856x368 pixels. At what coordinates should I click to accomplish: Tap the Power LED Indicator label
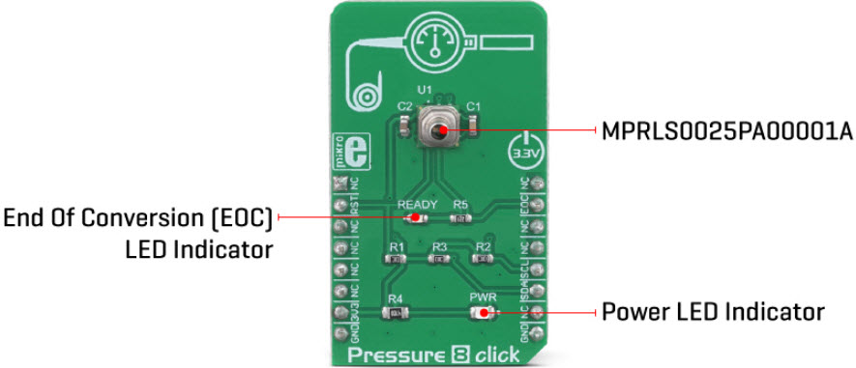(713, 312)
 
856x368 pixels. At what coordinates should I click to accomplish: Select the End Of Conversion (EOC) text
(137, 216)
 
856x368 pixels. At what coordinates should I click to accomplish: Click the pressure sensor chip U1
(438, 127)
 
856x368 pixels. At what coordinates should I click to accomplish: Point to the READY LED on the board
(417, 218)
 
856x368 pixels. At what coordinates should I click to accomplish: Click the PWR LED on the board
(481, 313)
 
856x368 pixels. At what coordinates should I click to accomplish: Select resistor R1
(397, 260)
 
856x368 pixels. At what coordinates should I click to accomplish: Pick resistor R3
(439, 260)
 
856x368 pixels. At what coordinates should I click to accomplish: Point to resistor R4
(396, 313)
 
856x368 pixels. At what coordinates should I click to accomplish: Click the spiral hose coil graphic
(369, 96)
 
